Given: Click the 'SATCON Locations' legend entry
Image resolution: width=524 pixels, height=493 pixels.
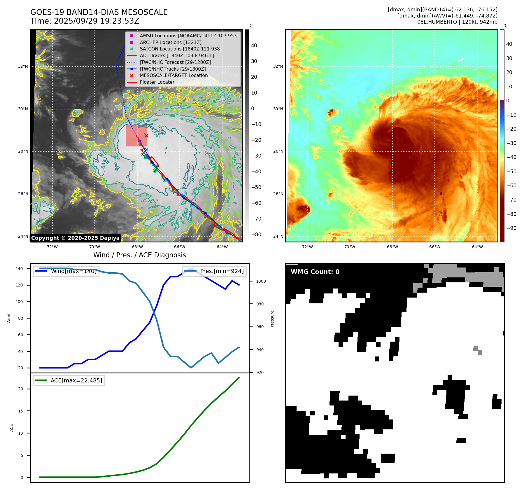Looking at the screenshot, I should [180, 49].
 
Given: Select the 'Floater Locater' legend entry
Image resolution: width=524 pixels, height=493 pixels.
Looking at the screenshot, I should [157, 82].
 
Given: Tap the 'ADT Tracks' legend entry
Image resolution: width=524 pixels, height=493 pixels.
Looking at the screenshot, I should [177, 55].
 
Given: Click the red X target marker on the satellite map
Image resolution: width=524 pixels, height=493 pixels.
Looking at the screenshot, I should [146, 136].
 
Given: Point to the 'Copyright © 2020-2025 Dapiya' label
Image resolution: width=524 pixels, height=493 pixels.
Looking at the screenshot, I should [75, 238].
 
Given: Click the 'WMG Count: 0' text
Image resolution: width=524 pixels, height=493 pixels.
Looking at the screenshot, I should [315, 272].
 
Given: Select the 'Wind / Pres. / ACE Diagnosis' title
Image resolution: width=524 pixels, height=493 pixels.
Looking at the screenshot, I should [139, 255].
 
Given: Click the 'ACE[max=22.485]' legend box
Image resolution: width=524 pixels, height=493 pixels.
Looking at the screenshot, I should [69, 380].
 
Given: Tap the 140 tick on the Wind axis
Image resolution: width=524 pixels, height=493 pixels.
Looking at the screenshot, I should [19, 269].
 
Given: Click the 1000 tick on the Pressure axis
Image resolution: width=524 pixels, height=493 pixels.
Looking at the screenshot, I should [261, 281].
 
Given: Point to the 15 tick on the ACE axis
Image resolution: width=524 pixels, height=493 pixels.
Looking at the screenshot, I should [20, 411].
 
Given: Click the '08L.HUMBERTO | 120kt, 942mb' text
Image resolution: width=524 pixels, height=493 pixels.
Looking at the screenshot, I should [457, 22].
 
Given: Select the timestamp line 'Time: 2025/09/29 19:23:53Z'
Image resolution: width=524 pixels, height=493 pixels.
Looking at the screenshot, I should [85, 21].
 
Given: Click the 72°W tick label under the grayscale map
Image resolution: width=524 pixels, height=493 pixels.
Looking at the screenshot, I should [52, 247].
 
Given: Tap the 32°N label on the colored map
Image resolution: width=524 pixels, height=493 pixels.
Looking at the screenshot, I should [278, 66].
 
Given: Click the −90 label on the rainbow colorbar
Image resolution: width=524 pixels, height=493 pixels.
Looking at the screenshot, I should [511, 228].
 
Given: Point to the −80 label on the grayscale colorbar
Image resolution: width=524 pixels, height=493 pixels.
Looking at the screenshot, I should [256, 235].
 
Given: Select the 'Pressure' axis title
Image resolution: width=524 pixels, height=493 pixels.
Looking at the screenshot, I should [272, 318].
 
